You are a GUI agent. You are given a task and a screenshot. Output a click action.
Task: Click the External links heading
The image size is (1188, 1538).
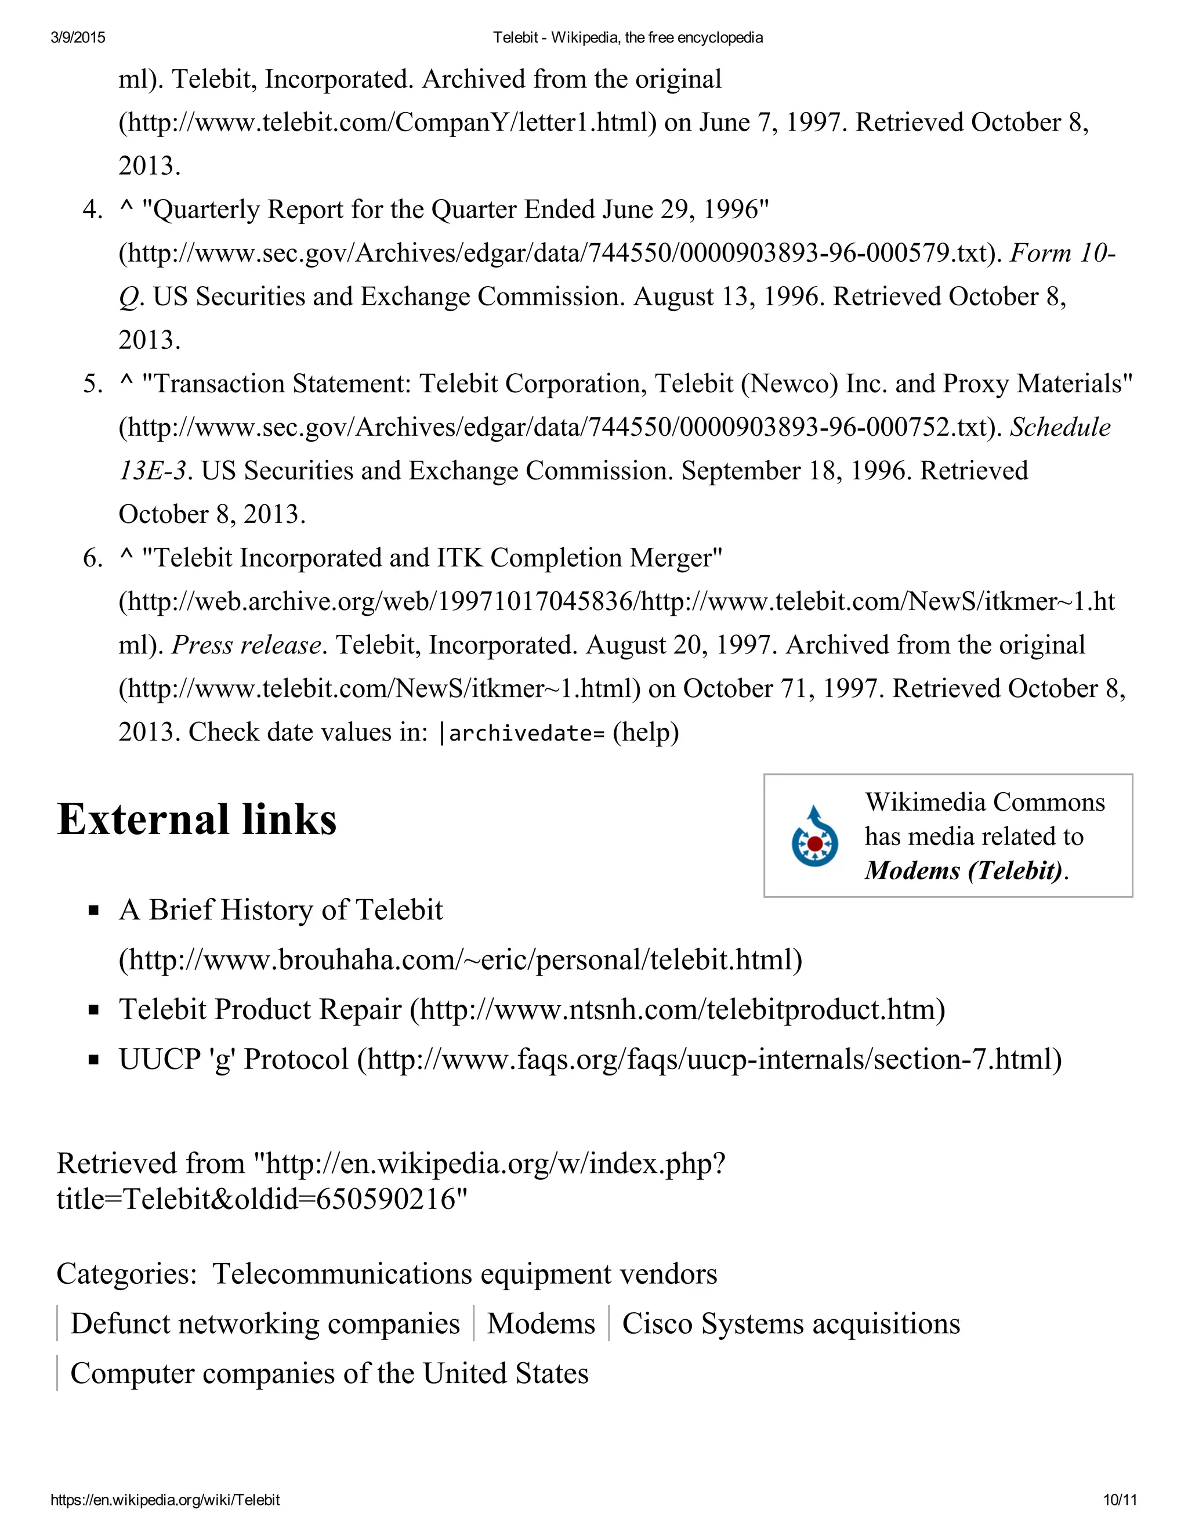tap(197, 819)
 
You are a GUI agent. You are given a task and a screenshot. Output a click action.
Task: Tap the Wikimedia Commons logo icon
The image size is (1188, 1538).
tap(814, 836)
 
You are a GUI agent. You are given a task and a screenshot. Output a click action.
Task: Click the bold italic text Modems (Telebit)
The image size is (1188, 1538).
tap(963, 871)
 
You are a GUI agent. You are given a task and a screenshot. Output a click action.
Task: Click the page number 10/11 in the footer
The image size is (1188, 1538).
tap(1119, 1500)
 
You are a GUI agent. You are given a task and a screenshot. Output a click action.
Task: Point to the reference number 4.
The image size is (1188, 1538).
tap(92, 210)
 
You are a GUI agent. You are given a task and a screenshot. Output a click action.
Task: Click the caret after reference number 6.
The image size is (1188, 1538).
tap(126, 558)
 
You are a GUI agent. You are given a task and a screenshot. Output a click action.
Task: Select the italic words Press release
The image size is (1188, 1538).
tap(247, 645)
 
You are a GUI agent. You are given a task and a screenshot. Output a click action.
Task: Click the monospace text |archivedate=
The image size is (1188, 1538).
tap(521, 733)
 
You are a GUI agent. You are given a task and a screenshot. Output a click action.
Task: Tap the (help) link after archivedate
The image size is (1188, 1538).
tap(646, 732)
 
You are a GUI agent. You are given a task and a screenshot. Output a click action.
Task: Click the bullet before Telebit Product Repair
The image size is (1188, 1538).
tap(93, 1010)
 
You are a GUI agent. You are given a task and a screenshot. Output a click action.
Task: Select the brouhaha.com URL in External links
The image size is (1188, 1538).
tap(460, 960)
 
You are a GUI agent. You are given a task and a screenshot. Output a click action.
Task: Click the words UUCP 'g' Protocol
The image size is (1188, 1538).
tap(234, 1059)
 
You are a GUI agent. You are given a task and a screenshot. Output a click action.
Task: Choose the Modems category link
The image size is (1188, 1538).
tap(541, 1323)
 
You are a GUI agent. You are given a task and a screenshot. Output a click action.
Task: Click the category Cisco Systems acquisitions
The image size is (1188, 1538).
tap(791, 1323)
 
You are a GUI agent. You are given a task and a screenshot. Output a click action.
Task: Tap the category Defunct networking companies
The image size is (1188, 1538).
tap(265, 1323)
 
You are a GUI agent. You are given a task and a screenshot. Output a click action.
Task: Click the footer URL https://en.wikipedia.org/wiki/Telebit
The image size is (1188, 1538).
tap(165, 1500)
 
